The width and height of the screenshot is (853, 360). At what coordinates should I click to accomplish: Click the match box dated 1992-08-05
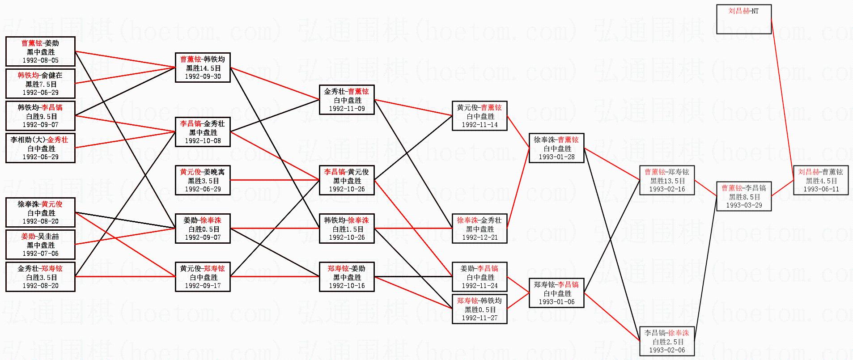tap(40, 51)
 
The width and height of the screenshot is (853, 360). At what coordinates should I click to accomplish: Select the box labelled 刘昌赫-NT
tap(743, 19)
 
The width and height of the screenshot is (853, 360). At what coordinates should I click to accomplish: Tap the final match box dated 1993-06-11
tap(821, 180)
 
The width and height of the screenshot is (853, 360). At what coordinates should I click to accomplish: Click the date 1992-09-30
tap(203, 76)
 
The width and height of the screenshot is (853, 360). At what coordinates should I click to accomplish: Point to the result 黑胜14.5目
tap(203, 68)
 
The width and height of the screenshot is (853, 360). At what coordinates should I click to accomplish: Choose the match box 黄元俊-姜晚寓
tap(203, 180)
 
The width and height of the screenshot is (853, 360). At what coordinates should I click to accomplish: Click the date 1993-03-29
tap(743, 205)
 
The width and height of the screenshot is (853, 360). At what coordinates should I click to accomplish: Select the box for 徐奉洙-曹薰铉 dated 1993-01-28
tap(556, 148)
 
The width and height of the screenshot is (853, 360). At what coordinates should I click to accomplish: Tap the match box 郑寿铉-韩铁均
tap(480, 309)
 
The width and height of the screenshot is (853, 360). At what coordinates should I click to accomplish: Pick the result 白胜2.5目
tap(667, 342)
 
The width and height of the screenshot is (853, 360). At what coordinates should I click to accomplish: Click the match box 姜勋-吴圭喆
tap(40, 245)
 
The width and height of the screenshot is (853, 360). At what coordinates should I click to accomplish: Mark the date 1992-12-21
tap(480, 237)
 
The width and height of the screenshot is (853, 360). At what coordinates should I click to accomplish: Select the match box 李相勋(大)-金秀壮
tap(40, 148)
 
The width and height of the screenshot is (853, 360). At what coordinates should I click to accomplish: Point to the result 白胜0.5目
tap(203, 229)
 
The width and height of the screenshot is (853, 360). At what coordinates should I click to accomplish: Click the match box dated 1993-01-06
tap(556, 293)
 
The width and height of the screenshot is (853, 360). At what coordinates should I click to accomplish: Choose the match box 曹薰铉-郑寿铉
tap(667, 180)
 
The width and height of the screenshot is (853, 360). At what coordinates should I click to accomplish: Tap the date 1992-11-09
tap(347, 109)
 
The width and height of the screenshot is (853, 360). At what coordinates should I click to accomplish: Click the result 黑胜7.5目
tap(41, 84)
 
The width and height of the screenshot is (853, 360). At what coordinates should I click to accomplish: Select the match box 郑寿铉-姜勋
tap(347, 277)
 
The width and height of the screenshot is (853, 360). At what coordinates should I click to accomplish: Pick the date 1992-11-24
tap(480, 286)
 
